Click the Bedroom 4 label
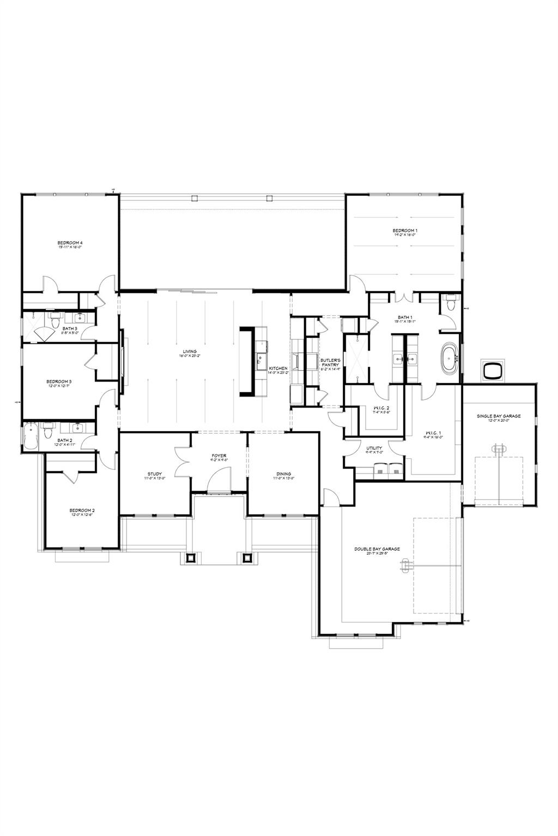click(x=70, y=243)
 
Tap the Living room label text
click(x=190, y=352)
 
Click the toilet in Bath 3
click(x=54, y=322)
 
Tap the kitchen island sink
click(x=261, y=358)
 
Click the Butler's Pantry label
click(x=330, y=363)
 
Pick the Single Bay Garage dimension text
click(x=499, y=421)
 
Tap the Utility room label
click(x=374, y=448)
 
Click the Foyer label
click(x=219, y=456)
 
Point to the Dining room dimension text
click(x=283, y=478)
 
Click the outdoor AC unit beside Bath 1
click(x=493, y=370)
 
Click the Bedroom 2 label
click(x=82, y=510)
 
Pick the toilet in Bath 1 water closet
click(x=450, y=304)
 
